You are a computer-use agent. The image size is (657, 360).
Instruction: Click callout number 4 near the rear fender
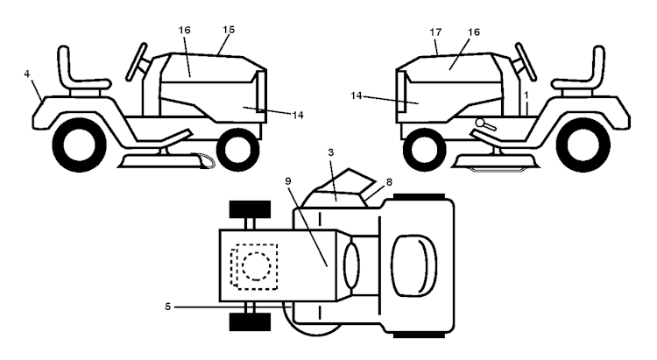pyautogui.click(x=27, y=74)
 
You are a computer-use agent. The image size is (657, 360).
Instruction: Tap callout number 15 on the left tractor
pyautogui.click(x=229, y=30)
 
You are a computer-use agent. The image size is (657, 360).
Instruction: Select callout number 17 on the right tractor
pyautogui.click(x=435, y=32)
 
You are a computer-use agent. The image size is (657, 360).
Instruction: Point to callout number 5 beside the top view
pyautogui.click(x=167, y=307)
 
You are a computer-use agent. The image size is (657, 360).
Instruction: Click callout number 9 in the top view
pyautogui.click(x=288, y=181)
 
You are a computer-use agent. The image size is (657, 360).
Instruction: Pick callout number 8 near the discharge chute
pyautogui.click(x=389, y=182)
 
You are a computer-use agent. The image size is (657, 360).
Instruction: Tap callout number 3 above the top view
pyautogui.click(x=331, y=153)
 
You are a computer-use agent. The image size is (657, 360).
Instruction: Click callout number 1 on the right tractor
pyautogui.click(x=526, y=95)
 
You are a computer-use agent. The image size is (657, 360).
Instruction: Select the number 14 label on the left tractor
pyautogui.click(x=298, y=115)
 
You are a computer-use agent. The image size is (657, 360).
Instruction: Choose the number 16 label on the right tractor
pyautogui.click(x=474, y=32)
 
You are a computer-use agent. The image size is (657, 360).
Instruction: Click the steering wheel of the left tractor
pyautogui.click(x=137, y=61)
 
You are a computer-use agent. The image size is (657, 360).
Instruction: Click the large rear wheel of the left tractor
pyautogui.click(x=80, y=145)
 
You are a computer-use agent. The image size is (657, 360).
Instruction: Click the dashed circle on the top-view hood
pyautogui.click(x=256, y=266)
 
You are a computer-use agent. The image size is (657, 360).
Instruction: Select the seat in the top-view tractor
pyautogui.click(x=413, y=265)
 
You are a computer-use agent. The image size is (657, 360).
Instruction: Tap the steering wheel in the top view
pyautogui.click(x=351, y=265)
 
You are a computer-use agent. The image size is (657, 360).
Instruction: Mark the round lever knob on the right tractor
pyautogui.click(x=480, y=123)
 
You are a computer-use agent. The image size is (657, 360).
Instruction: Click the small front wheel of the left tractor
pyautogui.click(x=237, y=150)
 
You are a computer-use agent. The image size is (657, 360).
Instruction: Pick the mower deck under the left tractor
pyautogui.click(x=166, y=161)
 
